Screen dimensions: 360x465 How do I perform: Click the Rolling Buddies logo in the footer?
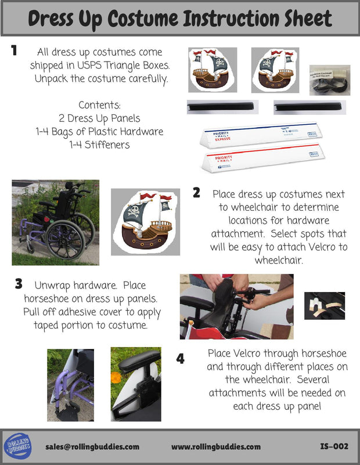click(x=18, y=446)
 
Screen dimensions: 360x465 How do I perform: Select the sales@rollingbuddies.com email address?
click(x=92, y=446)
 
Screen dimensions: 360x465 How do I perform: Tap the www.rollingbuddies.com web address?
click(x=216, y=446)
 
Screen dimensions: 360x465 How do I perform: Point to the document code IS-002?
click(x=334, y=446)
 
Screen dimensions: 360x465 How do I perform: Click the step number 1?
click(x=14, y=51)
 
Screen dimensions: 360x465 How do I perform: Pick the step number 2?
click(x=196, y=193)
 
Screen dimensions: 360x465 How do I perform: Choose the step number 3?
click(x=19, y=284)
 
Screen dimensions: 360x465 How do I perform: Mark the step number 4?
click(x=181, y=359)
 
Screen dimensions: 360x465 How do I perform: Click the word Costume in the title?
click(x=143, y=19)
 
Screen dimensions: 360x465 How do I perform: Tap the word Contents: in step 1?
click(x=100, y=105)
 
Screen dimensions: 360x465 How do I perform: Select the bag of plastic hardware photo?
click(x=330, y=80)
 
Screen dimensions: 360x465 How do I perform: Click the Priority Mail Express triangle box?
click(x=261, y=135)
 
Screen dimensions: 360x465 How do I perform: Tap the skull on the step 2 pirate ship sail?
click(x=134, y=211)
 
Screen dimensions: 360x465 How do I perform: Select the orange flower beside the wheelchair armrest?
click(x=116, y=378)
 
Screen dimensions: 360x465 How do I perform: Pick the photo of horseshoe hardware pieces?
click(x=325, y=306)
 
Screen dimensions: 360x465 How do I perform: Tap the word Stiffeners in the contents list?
click(x=107, y=145)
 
